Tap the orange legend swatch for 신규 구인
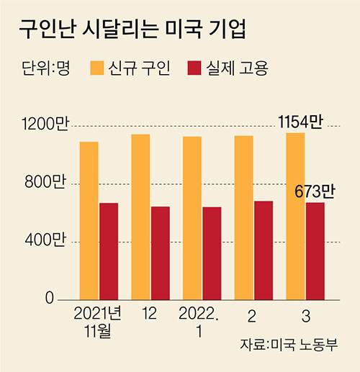coord(98,68)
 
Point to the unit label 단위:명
coord(45,69)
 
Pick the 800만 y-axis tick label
coord(45,183)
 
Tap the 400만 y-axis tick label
coord(45,240)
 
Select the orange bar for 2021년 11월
coord(89,219)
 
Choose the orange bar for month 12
coord(140,216)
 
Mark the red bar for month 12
coord(160,252)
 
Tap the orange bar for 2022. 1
coord(192,217)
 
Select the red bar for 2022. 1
coord(212,253)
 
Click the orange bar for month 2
coord(243,217)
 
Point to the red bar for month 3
coord(315,250)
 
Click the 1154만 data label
coord(300,122)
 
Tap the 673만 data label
coord(315,192)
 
